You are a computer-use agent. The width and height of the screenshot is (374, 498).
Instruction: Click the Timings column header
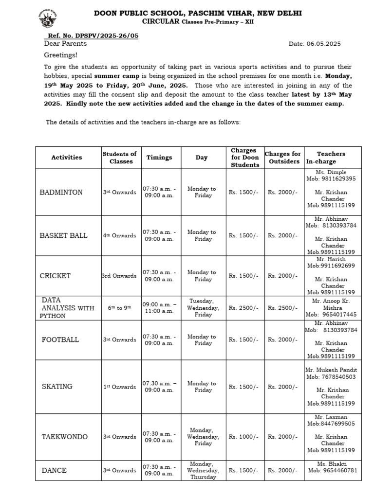pyautogui.click(x=159, y=158)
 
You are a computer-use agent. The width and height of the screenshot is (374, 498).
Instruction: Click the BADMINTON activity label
pyautogui.click(x=61, y=192)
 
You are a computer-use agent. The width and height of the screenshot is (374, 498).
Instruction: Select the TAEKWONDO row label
pyautogui.click(x=65, y=437)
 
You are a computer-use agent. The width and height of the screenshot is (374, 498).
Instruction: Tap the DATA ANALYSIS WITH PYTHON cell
pyautogui.click(x=67, y=308)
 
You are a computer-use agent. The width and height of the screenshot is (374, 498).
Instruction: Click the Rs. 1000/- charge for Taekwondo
pyautogui.click(x=243, y=437)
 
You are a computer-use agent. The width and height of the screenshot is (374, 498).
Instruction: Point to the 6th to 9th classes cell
pyautogui.click(x=120, y=308)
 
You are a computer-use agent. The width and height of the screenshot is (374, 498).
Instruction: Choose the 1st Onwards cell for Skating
pyautogui.click(x=120, y=387)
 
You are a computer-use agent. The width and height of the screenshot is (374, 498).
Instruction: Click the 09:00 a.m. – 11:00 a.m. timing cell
pyautogui.click(x=159, y=308)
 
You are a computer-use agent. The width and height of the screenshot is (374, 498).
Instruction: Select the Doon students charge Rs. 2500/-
pyautogui.click(x=243, y=308)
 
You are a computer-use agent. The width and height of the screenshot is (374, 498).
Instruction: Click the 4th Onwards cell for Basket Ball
pyautogui.click(x=120, y=235)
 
